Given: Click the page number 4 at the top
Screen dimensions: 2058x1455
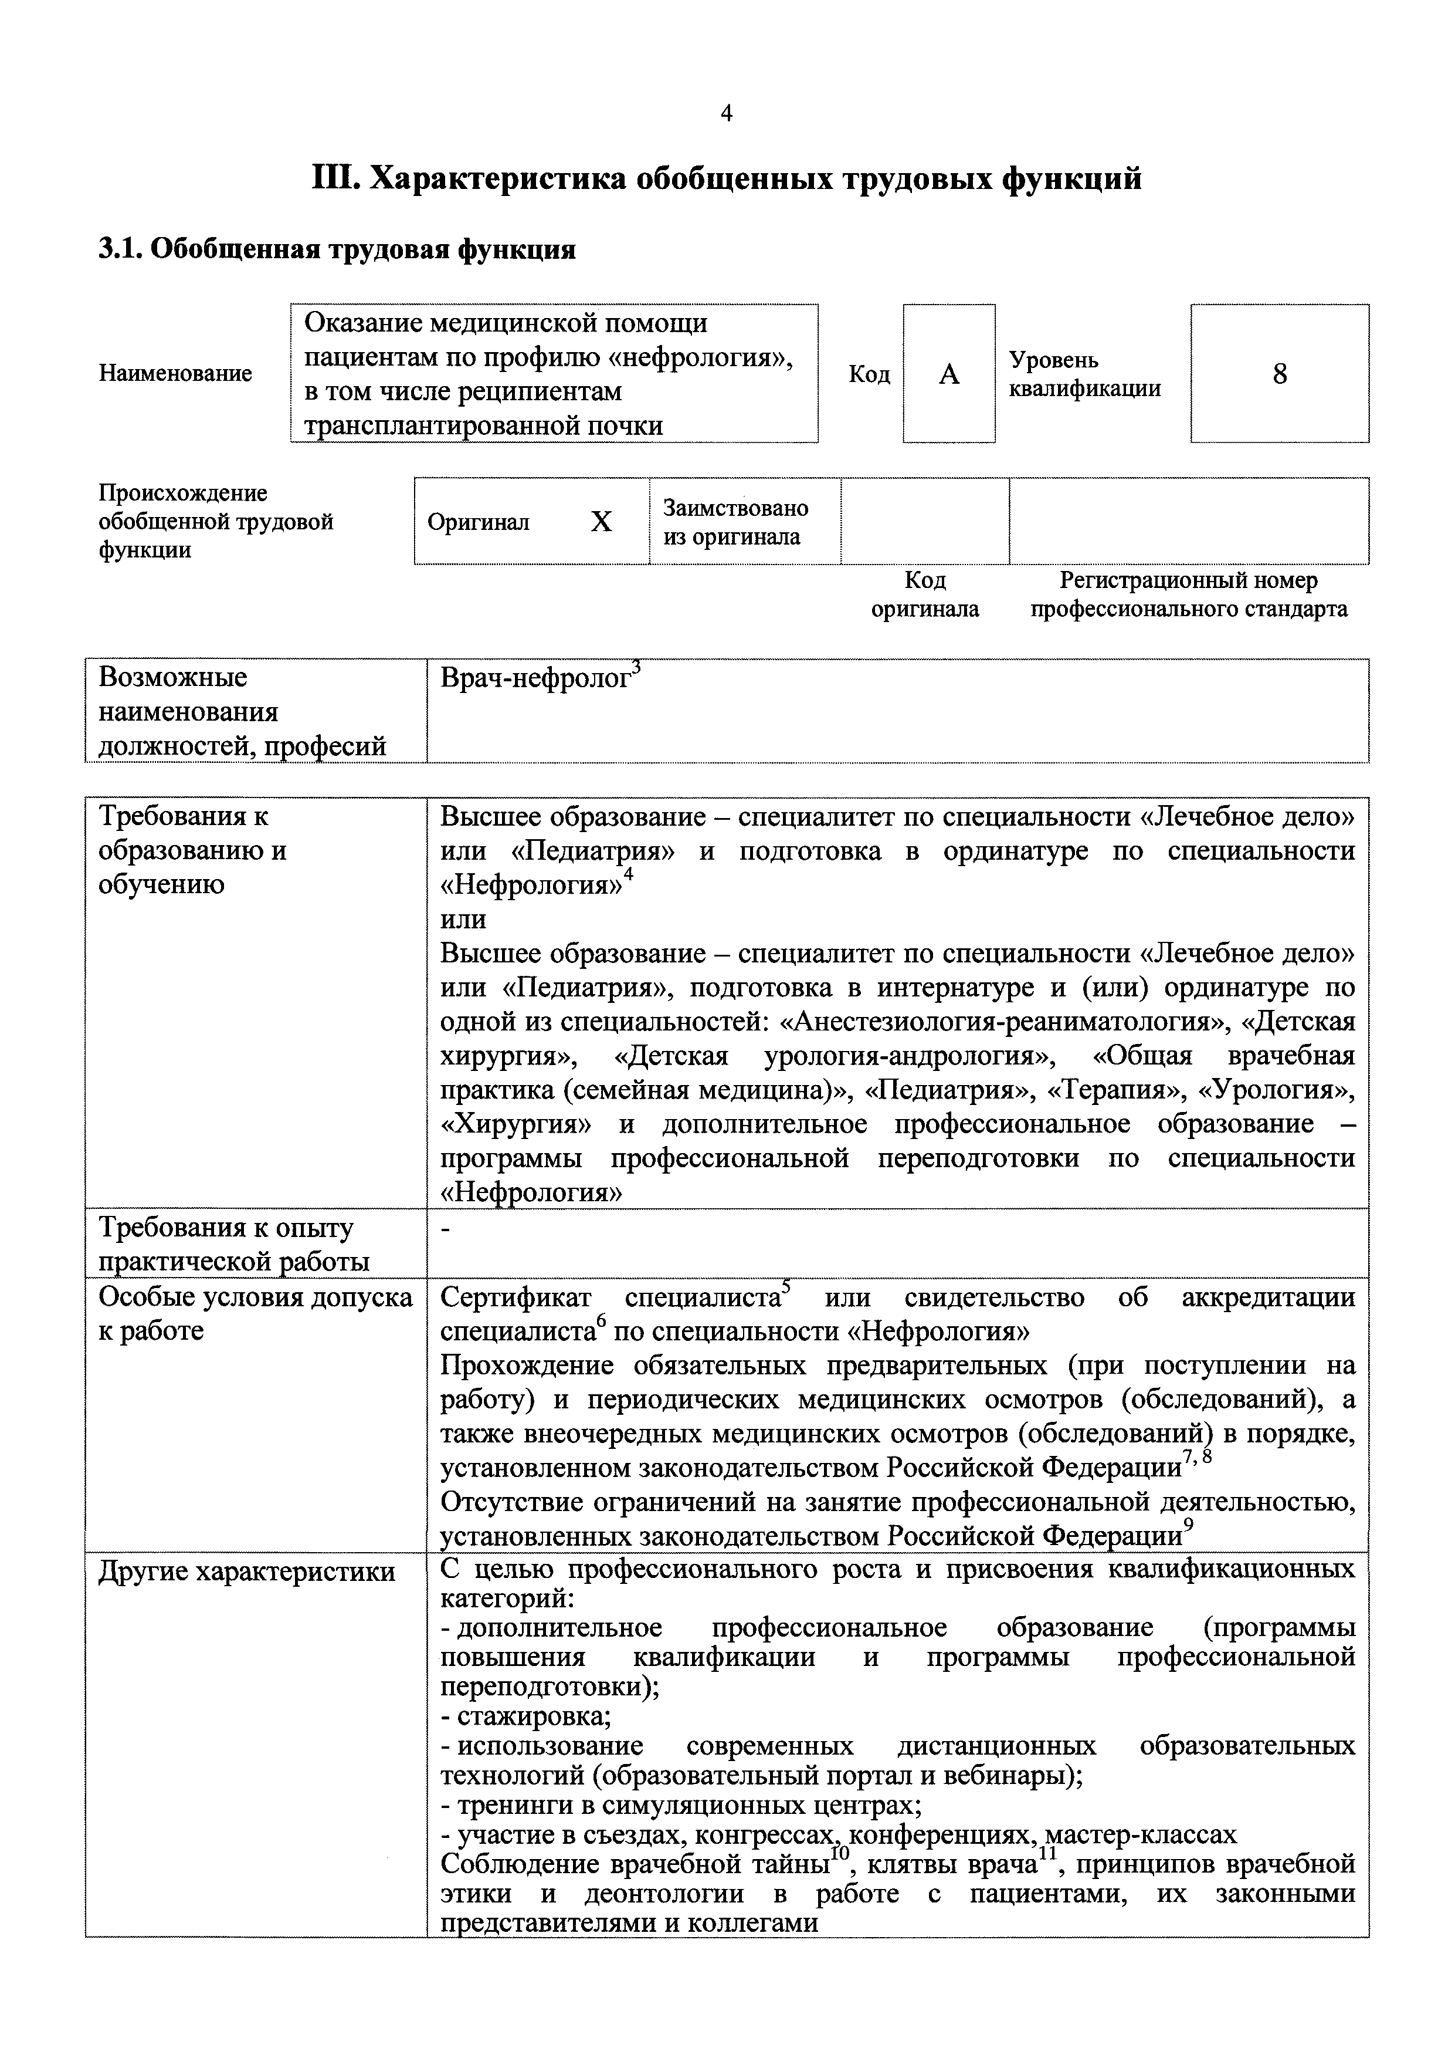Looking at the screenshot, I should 727,114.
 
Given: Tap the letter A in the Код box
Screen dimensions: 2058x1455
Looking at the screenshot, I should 949,374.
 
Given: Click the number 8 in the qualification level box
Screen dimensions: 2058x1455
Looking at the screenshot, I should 1280,374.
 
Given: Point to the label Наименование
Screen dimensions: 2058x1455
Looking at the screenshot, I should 175,374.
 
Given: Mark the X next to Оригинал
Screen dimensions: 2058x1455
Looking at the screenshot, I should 601,522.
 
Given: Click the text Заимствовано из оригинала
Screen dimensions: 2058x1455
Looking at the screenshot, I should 735,522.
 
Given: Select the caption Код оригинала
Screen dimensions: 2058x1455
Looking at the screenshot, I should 925,594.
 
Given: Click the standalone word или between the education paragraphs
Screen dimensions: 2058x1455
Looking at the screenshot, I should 463,920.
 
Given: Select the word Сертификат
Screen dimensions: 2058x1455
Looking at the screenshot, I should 516,1298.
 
